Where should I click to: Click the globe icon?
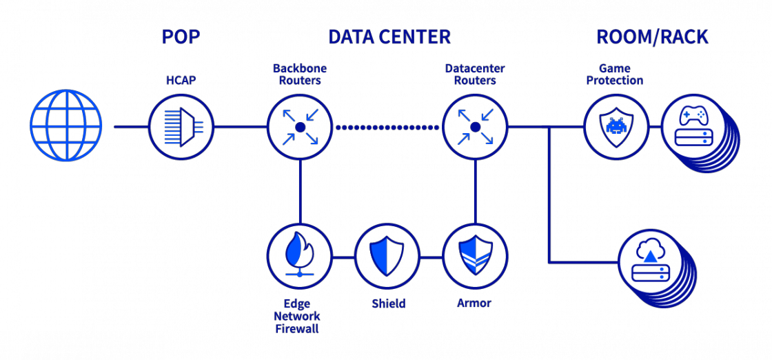click(66, 126)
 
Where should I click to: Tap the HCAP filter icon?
click(181, 127)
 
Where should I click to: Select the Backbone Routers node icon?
click(300, 127)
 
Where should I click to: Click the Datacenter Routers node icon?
click(475, 127)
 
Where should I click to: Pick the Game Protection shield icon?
click(616, 127)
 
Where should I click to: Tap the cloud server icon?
click(651, 262)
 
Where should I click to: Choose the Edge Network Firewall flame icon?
click(300, 256)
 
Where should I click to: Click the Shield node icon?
click(387, 256)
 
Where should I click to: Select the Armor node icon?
click(475, 256)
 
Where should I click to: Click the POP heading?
click(181, 37)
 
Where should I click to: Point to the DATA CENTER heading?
click(389, 37)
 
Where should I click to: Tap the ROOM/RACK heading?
click(651, 37)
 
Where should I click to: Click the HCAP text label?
click(181, 81)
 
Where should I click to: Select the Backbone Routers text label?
click(300, 74)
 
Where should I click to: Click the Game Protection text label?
click(615, 74)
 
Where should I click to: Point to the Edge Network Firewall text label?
click(297, 316)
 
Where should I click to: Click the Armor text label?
click(474, 303)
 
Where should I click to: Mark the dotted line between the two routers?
click(387, 127)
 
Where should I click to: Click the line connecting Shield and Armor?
click(431, 257)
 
